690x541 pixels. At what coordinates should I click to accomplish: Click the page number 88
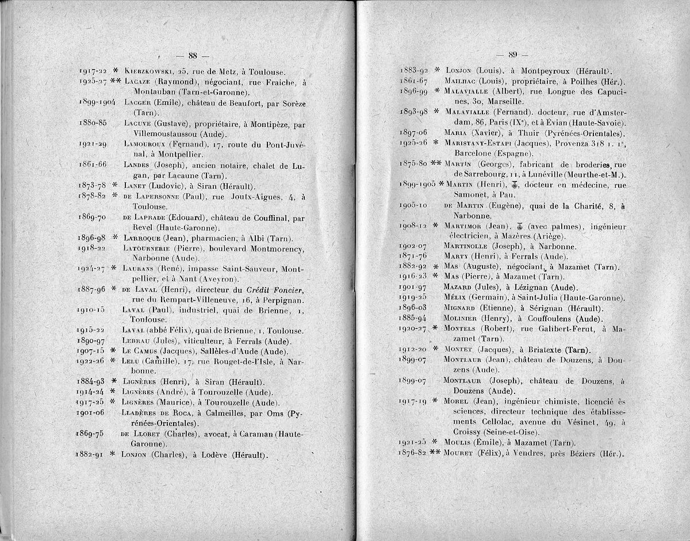(192, 56)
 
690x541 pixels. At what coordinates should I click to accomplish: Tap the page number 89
(513, 55)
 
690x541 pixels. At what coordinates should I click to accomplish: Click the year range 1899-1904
(96, 102)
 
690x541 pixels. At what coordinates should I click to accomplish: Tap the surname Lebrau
(136, 340)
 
